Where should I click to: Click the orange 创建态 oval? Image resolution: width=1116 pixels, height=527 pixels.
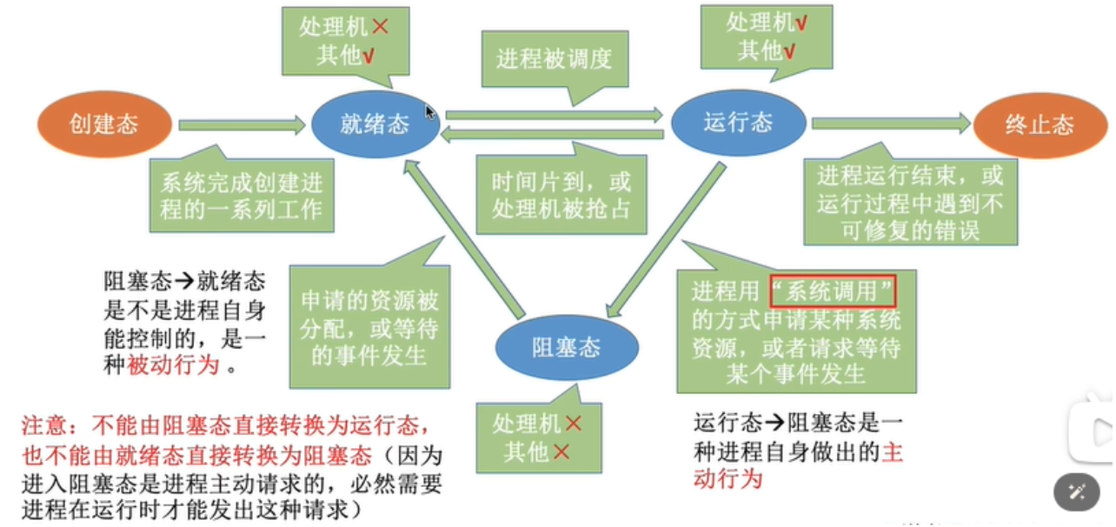pyautogui.click(x=103, y=124)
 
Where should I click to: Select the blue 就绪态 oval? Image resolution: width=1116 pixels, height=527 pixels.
pyautogui.click(x=375, y=124)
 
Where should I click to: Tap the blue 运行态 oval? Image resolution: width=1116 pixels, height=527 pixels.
pyautogui.click(x=737, y=122)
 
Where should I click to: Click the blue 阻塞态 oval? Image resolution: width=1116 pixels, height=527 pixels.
pyautogui.click(x=567, y=348)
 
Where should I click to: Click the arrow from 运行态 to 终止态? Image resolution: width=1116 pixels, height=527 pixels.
pyautogui.click(x=890, y=123)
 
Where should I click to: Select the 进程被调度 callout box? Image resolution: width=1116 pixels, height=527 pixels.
pyautogui.click(x=555, y=59)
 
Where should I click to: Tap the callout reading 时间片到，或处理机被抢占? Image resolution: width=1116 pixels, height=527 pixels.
pyautogui.click(x=561, y=195)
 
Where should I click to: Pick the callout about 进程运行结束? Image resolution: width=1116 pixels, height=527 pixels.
pyautogui.click(x=909, y=202)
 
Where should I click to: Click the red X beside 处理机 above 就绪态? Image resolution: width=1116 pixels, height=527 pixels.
pyautogui.click(x=380, y=28)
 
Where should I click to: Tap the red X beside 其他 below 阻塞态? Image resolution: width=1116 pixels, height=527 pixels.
pyautogui.click(x=561, y=452)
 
